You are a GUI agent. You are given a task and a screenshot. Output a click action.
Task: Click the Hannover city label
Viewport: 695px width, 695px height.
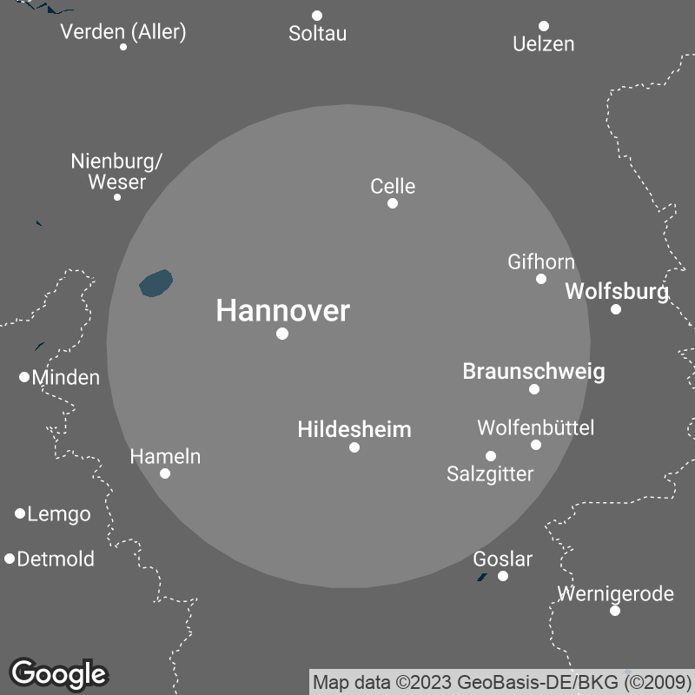coord(282,310)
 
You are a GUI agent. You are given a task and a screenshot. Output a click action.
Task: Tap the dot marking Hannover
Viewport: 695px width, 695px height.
coord(282,334)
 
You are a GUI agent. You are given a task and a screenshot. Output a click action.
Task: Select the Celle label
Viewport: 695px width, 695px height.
coord(393,186)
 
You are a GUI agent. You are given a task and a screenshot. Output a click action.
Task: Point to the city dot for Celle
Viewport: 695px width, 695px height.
coord(393,203)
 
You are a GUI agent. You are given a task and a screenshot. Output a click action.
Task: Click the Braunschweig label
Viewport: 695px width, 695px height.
coord(533,372)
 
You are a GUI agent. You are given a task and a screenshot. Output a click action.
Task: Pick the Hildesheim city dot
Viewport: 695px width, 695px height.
coord(354,447)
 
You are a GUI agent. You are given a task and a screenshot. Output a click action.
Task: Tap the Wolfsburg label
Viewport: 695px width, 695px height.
coord(617,292)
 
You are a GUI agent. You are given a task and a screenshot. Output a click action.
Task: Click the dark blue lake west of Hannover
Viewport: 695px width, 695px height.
coord(156,283)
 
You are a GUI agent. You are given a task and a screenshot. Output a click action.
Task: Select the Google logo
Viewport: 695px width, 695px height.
coord(58,673)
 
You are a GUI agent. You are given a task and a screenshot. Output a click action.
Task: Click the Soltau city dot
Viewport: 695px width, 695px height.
coord(317,16)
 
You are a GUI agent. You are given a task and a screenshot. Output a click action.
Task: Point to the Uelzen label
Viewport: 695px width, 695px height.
coord(544,43)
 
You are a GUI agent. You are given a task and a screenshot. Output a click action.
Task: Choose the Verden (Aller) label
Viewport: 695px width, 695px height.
coord(123,32)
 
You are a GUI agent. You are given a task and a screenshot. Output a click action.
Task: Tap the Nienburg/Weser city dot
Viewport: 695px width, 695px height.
coord(117,197)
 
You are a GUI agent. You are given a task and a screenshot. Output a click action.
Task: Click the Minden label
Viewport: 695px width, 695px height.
coord(65,378)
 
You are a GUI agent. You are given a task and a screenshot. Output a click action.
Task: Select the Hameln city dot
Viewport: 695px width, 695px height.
coord(165,473)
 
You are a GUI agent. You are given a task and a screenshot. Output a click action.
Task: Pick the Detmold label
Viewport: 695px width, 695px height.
coord(56,559)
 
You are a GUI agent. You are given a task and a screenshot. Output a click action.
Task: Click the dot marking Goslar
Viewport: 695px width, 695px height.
coord(503,576)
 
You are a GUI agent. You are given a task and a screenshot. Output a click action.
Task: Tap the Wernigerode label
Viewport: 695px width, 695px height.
coord(615,594)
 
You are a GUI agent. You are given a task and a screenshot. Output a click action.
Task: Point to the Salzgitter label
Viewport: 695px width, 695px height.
coord(490,473)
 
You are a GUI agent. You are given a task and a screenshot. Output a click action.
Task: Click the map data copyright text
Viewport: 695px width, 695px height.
coord(501,682)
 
